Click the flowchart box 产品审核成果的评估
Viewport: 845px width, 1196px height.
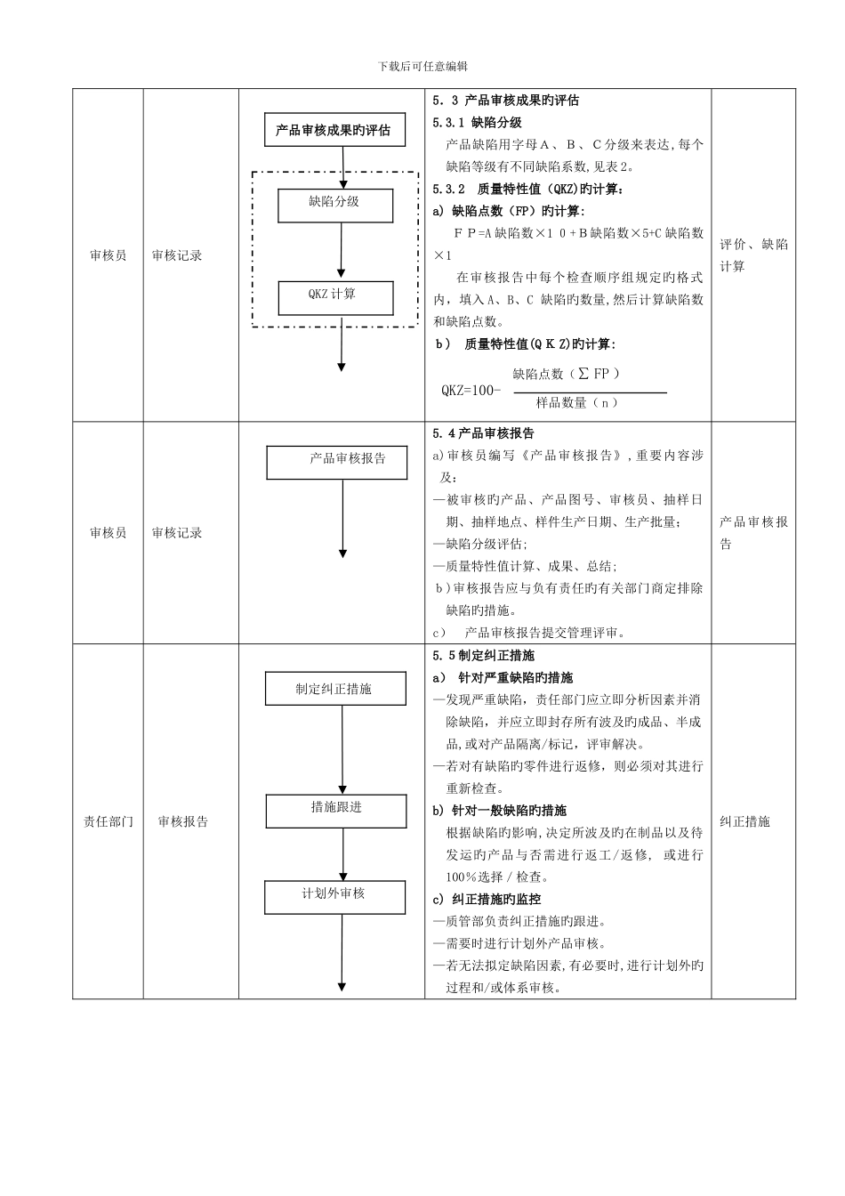click(334, 131)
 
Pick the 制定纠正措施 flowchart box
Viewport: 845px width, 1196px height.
click(335, 689)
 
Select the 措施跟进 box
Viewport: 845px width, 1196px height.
click(335, 809)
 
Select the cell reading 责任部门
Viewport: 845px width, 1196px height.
click(108, 821)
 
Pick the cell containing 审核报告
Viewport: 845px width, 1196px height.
click(182, 821)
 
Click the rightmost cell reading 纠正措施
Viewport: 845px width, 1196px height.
click(744, 821)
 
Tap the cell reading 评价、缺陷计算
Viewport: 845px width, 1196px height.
click(753, 255)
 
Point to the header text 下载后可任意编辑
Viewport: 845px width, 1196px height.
click(422, 66)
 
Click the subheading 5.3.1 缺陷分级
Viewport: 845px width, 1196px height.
click(477, 123)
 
